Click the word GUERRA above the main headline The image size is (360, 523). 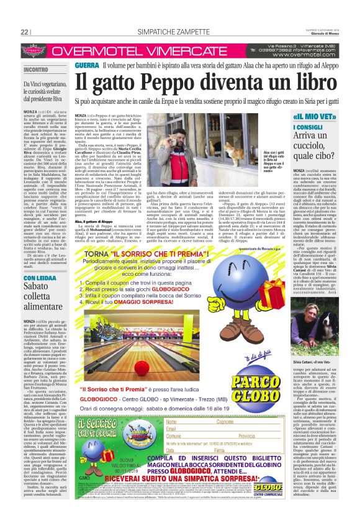86,65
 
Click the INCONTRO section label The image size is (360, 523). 36,70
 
